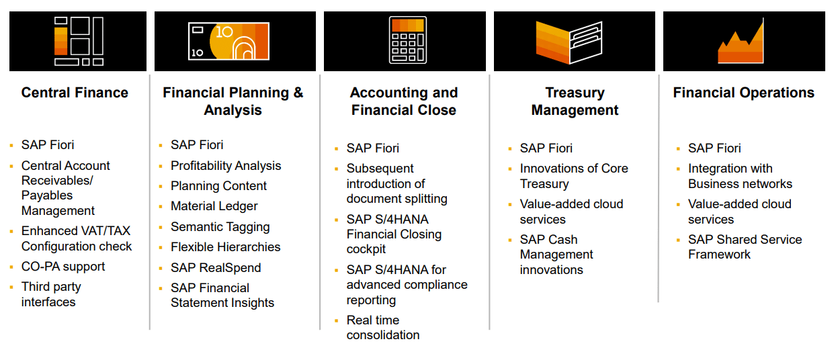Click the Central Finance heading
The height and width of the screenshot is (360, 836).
tap(75, 93)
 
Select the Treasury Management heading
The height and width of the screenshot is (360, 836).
tap(575, 101)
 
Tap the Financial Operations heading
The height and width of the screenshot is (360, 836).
tap(743, 93)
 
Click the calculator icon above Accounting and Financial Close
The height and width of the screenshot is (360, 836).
tap(407, 40)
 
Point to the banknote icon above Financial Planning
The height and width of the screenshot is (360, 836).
tap(229, 40)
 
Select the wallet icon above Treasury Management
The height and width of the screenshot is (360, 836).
tap(569, 42)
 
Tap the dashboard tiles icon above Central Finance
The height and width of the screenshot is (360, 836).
tap(79, 41)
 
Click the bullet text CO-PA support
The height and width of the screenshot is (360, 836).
tap(63, 267)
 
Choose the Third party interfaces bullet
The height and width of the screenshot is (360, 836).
tap(51, 294)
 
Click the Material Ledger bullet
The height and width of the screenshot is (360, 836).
tap(214, 206)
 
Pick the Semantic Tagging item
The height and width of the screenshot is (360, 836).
tap(220, 227)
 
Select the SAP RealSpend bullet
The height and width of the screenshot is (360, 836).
tap(216, 267)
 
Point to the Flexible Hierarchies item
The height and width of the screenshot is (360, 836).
tap(225, 247)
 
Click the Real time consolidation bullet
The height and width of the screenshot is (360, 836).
tap(383, 328)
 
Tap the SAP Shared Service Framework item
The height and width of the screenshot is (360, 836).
tap(745, 246)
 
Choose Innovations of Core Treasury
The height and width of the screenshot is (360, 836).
tap(573, 176)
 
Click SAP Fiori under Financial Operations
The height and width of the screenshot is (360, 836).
tap(714, 148)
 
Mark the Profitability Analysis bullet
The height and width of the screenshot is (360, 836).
tap(226, 166)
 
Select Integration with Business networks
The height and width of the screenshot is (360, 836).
tap(739, 176)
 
